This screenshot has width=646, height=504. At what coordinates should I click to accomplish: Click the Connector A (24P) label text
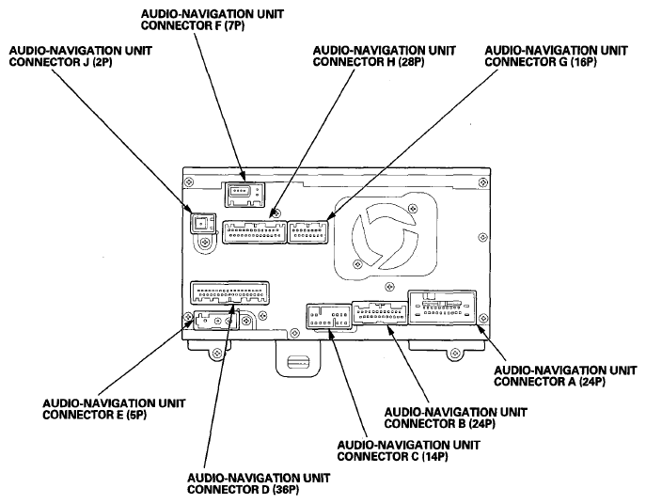[557, 375]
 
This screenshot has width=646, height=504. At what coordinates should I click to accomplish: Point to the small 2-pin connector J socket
[198, 224]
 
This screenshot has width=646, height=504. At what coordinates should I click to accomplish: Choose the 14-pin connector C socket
[325, 317]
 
